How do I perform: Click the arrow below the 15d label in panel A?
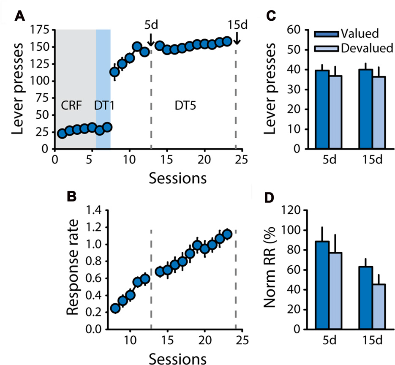tap(237, 39)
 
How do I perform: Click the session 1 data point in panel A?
tap(62, 133)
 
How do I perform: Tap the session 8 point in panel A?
tap(114, 72)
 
